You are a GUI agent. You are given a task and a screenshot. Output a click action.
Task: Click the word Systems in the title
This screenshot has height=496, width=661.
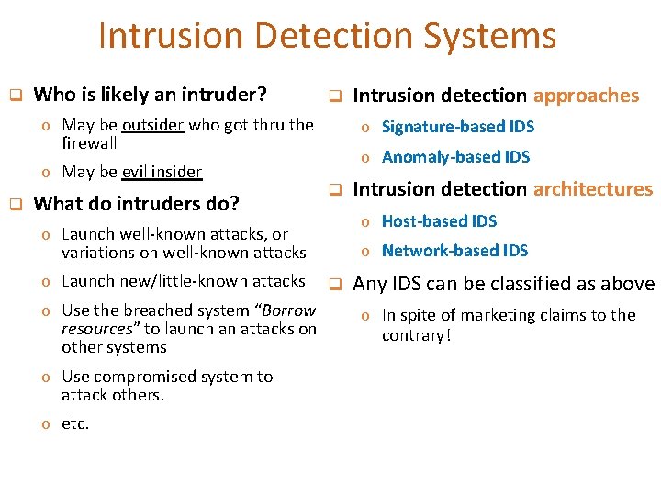[489, 37]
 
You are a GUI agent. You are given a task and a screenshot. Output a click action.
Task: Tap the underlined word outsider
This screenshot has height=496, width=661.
[154, 125]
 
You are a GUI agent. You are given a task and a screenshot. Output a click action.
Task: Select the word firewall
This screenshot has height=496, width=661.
[89, 143]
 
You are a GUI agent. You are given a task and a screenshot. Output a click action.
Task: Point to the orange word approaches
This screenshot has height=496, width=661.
[586, 96]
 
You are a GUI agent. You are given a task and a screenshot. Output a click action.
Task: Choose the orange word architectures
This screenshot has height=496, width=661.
[592, 190]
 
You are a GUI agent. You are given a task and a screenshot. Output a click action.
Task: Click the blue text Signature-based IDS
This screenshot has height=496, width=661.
[457, 127]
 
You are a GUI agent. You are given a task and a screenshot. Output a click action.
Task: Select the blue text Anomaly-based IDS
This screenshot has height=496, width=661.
[455, 157]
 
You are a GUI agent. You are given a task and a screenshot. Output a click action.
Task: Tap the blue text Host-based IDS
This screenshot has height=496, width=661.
[439, 221]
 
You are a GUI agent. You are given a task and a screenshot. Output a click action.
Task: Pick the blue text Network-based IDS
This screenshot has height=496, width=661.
[454, 251]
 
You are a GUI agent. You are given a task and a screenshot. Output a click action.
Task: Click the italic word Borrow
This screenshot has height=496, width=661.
[289, 310]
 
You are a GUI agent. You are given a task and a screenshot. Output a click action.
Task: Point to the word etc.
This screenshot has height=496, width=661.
[75, 424]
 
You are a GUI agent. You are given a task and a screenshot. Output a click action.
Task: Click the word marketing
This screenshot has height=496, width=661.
[501, 315]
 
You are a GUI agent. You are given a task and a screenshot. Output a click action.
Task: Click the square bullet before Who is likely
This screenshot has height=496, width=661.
[15, 95]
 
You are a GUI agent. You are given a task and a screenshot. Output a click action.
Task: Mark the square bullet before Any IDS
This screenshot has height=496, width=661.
[335, 284]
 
